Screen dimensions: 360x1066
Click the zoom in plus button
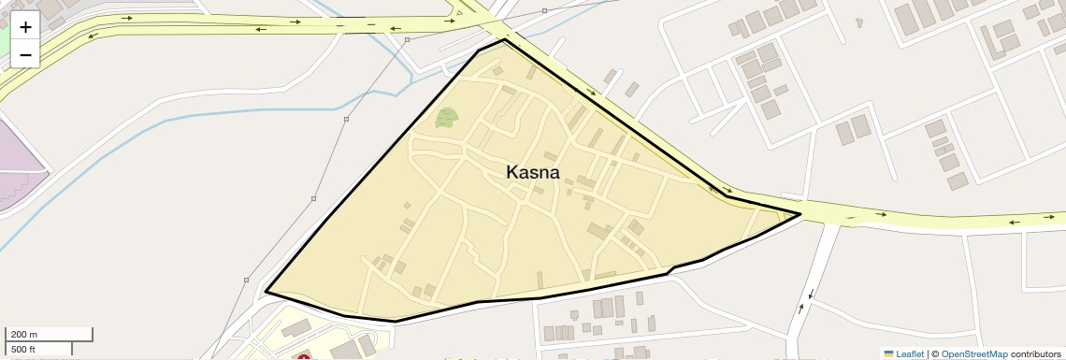25,27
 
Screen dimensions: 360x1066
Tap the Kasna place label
532,172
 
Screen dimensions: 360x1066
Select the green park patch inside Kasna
447,119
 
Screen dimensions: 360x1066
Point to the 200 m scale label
24,335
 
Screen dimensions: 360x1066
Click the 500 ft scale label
24,349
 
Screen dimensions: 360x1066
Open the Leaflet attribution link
909,353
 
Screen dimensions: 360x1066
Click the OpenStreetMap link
973,353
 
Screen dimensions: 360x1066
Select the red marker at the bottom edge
303,357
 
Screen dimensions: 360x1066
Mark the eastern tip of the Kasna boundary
800,214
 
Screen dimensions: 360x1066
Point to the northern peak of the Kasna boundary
504,40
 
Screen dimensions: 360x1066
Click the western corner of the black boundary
266,292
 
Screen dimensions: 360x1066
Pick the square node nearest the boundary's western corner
246,280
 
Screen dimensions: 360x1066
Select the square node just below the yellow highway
407,40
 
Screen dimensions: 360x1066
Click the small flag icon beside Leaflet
888,353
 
